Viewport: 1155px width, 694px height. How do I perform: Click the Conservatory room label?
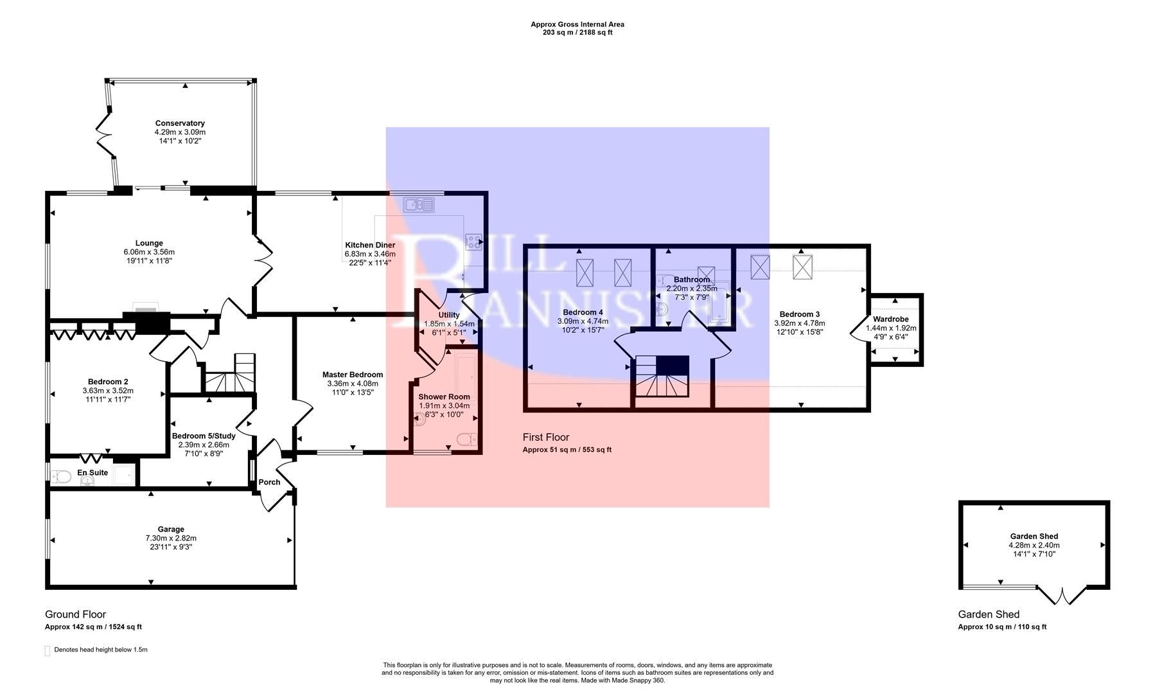(x=180, y=123)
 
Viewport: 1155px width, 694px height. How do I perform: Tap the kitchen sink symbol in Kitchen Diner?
(x=418, y=205)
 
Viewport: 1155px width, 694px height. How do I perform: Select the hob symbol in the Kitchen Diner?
(x=473, y=242)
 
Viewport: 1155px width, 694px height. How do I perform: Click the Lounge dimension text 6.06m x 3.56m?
(x=149, y=252)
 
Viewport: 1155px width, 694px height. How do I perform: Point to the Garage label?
(x=171, y=529)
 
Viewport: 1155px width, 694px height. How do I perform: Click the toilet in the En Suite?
(x=62, y=477)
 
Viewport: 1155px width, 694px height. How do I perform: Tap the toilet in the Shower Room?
(x=467, y=440)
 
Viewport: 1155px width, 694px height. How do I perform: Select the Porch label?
(x=269, y=483)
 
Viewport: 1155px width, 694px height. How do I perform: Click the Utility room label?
(x=448, y=315)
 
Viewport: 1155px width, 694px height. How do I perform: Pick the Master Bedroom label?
(x=353, y=375)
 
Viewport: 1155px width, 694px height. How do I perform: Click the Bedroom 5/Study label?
(x=204, y=436)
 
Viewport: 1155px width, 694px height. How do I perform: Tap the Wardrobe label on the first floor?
(x=890, y=319)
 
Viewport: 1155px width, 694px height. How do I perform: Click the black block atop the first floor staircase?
(x=672, y=365)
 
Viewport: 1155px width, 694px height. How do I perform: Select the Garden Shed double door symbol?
(x=1062, y=595)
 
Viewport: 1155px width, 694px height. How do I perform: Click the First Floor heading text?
(x=545, y=437)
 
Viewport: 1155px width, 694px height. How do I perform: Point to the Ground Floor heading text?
(x=75, y=614)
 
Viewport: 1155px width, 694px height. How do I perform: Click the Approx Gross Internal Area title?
(x=577, y=24)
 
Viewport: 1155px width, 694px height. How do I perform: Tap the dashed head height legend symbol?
(x=47, y=650)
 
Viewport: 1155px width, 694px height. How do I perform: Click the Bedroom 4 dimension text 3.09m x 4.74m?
(x=583, y=321)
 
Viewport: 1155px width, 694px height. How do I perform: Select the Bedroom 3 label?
(x=799, y=314)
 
